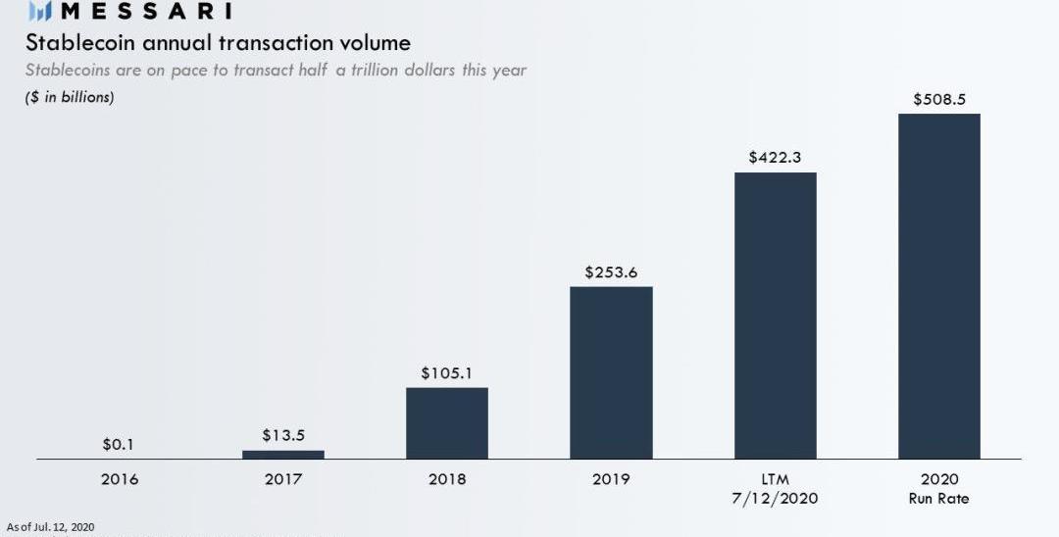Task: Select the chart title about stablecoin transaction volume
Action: [x=218, y=43]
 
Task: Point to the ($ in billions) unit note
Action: [x=70, y=97]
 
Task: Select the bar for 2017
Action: [x=283, y=454]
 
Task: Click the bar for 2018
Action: [x=447, y=422]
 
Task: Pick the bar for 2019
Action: [x=611, y=372]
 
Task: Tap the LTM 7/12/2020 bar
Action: [x=775, y=316]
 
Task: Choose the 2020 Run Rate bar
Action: [x=938, y=286]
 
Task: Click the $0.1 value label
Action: [x=119, y=445]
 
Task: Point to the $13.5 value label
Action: [x=283, y=435]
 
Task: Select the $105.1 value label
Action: [x=447, y=373]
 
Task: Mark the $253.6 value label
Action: [x=611, y=272]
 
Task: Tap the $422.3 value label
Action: [x=775, y=157]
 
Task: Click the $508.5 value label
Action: [x=938, y=99]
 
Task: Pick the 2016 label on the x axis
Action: [x=120, y=479]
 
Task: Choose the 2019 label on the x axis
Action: [x=611, y=479]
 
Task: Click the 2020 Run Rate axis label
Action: [x=938, y=488]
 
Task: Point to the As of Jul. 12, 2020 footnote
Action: [x=50, y=527]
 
